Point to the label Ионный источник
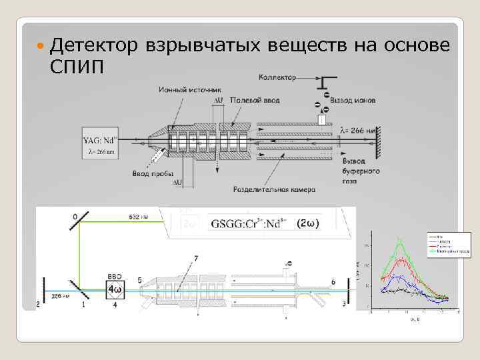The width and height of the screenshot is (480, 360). click(191, 89)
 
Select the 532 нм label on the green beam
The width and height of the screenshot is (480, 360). click(139, 217)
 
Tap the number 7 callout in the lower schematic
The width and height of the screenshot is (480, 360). click(195, 257)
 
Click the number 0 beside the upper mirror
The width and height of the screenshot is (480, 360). click(75, 215)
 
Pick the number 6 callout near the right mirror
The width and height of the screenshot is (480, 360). click(333, 283)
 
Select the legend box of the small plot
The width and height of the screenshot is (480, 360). click(449, 245)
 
